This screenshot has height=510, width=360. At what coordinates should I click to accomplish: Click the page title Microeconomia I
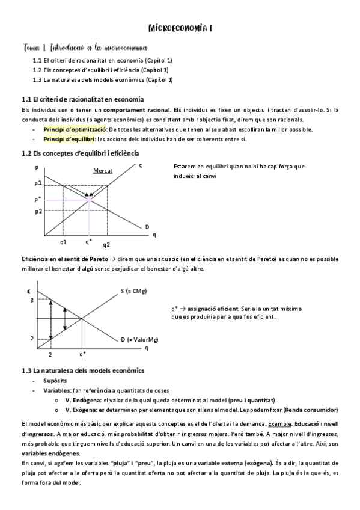[x=180, y=28]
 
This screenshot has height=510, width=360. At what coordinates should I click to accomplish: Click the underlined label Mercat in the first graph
[x=102, y=171]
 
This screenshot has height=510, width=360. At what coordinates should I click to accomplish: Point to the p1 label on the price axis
[x=38, y=183]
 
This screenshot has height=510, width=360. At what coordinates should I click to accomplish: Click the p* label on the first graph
[x=38, y=198]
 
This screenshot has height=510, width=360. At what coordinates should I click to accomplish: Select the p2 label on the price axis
[x=38, y=211]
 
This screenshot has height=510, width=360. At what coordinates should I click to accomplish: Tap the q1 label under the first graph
[x=63, y=242]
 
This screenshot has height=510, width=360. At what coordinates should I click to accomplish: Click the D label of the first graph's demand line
[x=147, y=227]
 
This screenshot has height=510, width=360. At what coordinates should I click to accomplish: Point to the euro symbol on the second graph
[x=29, y=291]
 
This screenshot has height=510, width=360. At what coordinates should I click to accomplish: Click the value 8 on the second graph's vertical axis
[x=32, y=300]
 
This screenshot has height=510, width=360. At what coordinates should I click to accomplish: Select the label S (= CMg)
[x=133, y=292]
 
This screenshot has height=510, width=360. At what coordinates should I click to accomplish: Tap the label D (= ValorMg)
[x=139, y=340]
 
